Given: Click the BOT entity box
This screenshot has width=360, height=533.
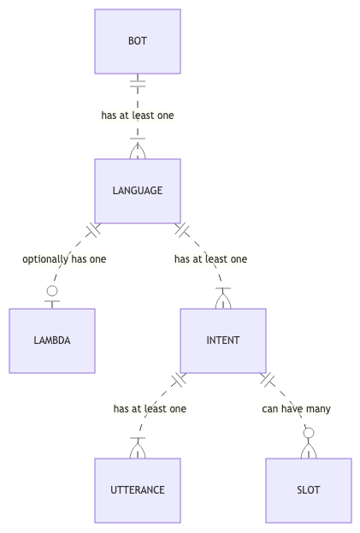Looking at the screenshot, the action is [138, 41].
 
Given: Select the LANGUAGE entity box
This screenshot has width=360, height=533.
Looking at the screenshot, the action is [138, 191].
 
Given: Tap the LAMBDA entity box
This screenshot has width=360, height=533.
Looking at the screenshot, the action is [52, 341].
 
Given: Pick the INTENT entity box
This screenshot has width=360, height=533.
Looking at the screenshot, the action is [223, 341].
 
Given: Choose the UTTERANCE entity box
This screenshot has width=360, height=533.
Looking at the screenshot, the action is [138, 490].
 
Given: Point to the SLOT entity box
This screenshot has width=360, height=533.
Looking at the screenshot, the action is [309, 490].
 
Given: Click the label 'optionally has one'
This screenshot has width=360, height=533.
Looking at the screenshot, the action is [64, 259].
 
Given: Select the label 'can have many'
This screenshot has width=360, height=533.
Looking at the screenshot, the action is [296, 409].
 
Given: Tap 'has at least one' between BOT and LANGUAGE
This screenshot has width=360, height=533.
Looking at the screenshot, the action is [138, 115].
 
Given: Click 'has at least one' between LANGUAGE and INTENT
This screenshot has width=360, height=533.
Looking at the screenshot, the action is [211, 259].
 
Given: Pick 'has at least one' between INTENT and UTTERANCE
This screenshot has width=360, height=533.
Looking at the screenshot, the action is [150, 409].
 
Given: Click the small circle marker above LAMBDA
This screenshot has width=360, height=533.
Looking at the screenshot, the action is [52, 291].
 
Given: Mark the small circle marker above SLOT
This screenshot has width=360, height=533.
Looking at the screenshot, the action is [309, 433].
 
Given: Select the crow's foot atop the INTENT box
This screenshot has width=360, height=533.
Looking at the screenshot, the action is [223, 299].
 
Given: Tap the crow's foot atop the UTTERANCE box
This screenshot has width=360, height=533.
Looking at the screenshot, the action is [138, 448].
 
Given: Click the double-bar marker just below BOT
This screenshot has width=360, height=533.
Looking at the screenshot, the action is [138, 84].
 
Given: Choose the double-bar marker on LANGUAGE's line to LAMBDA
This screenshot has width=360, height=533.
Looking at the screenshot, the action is [93, 230].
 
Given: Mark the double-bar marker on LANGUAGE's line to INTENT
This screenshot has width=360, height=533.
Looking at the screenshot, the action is [182, 230].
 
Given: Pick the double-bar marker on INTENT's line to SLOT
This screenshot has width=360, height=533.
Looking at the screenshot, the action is [268, 380].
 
